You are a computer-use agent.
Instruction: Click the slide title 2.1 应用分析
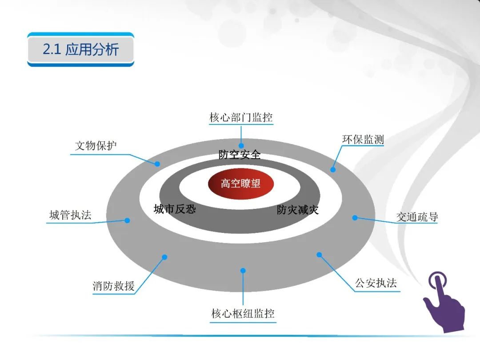point(80,49)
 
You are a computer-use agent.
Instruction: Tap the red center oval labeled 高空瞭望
point(240,183)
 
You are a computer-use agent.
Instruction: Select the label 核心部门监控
point(241,118)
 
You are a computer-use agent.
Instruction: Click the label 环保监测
point(363,140)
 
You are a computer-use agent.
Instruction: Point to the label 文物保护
point(96,146)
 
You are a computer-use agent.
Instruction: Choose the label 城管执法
point(70,216)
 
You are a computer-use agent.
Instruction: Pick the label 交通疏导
point(417,217)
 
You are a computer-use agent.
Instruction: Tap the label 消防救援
point(113,286)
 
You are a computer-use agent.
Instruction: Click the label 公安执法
point(376,283)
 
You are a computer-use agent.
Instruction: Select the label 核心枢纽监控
point(243,314)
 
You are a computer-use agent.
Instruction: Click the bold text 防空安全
point(240,155)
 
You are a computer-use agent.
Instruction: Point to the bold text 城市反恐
point(175,209)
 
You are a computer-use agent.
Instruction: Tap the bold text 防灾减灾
point(298,210)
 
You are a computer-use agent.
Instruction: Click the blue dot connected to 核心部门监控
point(241,145)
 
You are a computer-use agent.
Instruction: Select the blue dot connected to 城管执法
point(127,220)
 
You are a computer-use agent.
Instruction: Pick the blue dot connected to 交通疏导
point(355,217)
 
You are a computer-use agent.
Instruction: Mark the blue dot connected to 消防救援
point(164,257)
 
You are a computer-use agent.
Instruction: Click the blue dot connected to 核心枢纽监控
point(243,270)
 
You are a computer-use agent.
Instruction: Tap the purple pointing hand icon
point(443,302)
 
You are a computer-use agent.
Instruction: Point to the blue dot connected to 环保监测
point(333,169)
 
